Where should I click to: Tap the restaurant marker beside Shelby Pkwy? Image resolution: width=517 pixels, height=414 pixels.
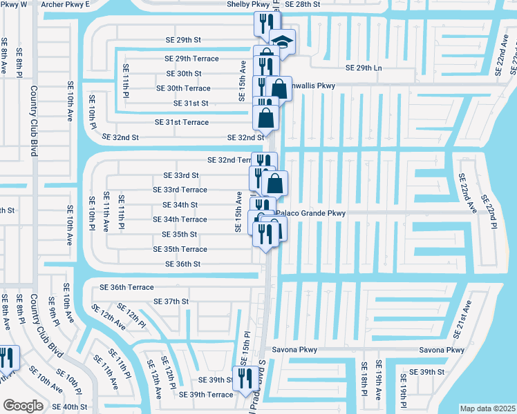(263, 24)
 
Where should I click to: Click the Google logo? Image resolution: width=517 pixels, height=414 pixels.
(22, 405)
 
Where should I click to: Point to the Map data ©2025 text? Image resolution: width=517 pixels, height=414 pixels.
(488, 408)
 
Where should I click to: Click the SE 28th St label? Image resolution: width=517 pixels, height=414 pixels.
(303, 4)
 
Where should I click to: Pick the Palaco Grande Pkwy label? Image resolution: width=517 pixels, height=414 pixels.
(310, 214)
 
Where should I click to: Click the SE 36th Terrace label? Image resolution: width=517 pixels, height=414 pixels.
(126, 287)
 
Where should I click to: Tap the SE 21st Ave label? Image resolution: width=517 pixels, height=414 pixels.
(462, 319)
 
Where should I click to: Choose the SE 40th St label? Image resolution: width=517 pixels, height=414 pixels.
(68, 407)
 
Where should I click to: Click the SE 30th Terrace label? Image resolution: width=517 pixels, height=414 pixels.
(183, 88)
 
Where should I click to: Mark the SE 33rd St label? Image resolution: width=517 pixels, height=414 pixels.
(180, 175)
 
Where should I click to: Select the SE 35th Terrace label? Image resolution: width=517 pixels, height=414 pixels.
(180, 249)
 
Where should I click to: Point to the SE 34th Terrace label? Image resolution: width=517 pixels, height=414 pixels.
(180, 219)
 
